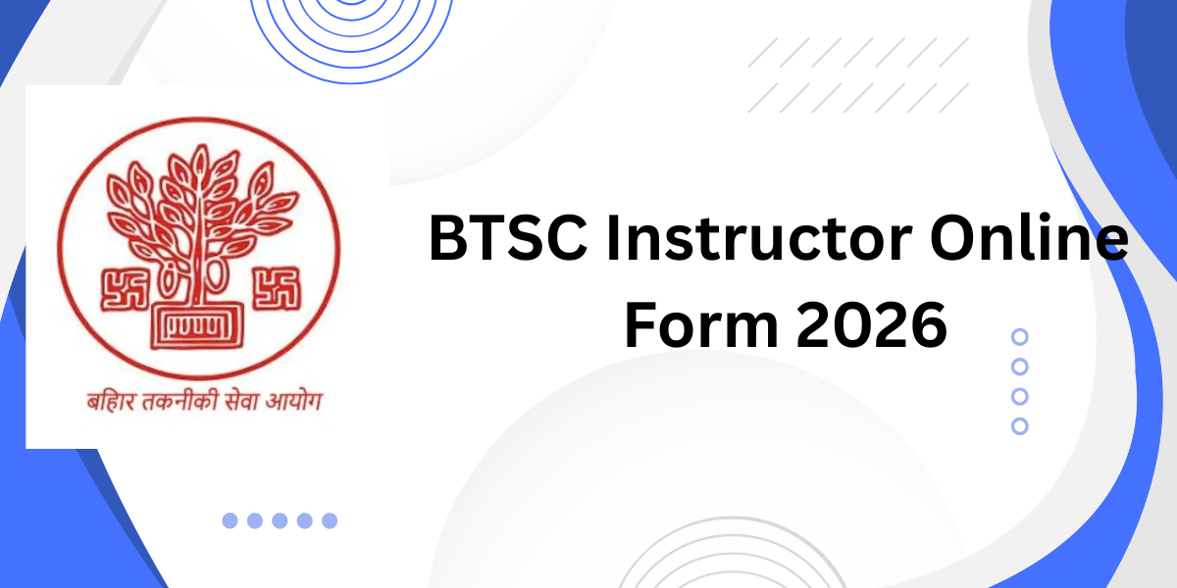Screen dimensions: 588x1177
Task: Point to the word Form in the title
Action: (x=699, y=326)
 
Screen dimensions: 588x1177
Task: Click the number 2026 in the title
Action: (x=871, y=326)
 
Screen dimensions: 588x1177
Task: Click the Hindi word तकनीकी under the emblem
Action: (x=175, y=402)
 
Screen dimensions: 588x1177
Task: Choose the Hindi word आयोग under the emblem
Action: (x=293, y=402)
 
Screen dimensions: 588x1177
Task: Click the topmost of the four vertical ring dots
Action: (x=1020, y=337)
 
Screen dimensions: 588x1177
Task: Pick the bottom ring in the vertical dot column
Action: (x=1020, y=426)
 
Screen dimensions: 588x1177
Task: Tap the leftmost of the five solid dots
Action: (x=230, y=520)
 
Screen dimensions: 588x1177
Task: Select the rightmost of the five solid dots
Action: (x=330, y=520)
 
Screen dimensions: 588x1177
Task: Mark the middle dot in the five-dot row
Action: (x=280, y=520)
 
